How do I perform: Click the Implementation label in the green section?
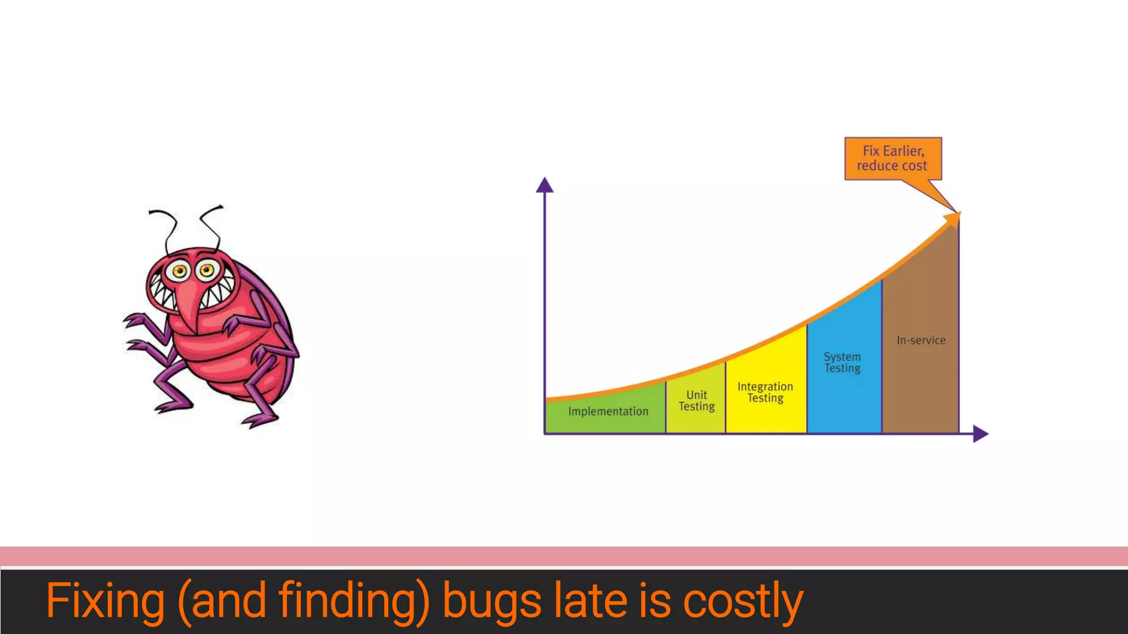coord(608,411)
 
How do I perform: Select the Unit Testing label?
coord(696,401)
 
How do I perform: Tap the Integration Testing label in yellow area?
coord(765,392)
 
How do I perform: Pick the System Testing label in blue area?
coord(842,363)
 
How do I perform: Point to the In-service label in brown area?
coord(921,340)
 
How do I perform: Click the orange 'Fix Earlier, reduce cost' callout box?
coord(893,158)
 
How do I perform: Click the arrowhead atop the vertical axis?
coord(545,185)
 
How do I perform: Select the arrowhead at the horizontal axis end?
coord(980,434)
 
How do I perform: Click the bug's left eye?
coord(180,271)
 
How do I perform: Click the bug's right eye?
coord(207,270)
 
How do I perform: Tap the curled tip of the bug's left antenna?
coord(152,212)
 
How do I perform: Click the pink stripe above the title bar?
coord(564,556)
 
